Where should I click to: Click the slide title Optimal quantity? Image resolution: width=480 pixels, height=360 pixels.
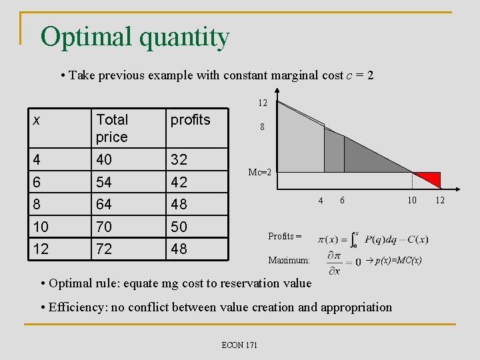point(135,37)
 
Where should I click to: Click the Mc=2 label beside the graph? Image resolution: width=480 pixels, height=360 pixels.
point(259,172)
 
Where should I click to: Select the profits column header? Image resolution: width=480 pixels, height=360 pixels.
point(190,120)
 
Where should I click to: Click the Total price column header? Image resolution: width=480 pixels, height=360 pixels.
point(112,128)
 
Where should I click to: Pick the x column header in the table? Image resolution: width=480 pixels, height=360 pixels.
point(37,120)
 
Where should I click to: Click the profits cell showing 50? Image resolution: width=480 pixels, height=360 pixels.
point(179,227)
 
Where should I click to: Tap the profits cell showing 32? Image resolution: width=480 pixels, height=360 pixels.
point(179,159)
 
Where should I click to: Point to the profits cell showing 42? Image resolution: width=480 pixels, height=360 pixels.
point(179,182)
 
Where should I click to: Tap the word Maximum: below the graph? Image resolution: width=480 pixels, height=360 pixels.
point(289,260)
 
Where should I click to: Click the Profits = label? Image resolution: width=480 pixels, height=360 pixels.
point(285,236)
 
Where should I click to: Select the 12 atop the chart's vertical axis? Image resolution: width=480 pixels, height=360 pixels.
point(263,103)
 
